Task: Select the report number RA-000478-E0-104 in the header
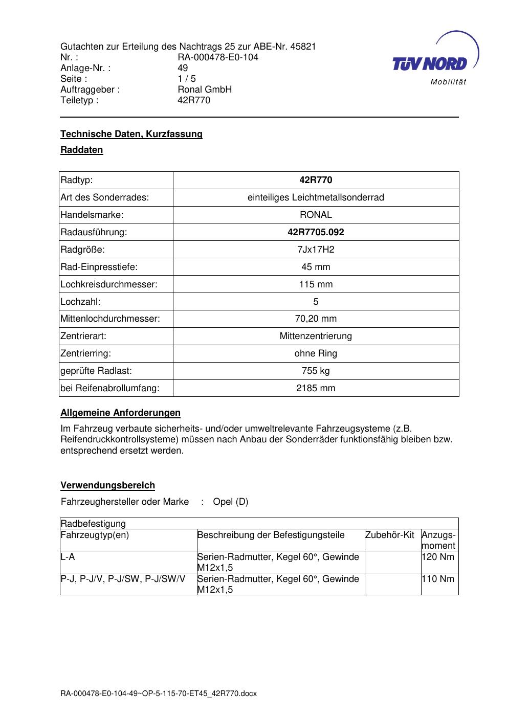[x=218, y=57]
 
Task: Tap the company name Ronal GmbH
[x=205, y=89]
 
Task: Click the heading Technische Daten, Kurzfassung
[x=131, y=134]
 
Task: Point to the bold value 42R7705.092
[x=316, y=232]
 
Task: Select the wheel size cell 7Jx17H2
[x=316, y=250]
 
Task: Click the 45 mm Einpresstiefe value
[x=316, y=267]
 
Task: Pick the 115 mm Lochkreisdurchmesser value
[x=316, y=284]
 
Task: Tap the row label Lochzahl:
[x=80, y=302]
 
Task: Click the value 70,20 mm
[x=316, y=319]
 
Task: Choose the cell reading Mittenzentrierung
[x=316, y=336]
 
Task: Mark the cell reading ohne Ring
[x=316, y=353]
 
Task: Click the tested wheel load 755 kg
[x=316, y=371]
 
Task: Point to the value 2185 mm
[x=316, y=388]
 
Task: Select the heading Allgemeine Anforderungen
[x=120, y=413]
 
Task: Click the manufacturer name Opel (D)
[x=230, y=502]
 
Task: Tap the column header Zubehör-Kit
[x=390, y=535]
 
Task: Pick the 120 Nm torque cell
[x=438, y=557]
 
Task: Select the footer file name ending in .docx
[x=159, y=694]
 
